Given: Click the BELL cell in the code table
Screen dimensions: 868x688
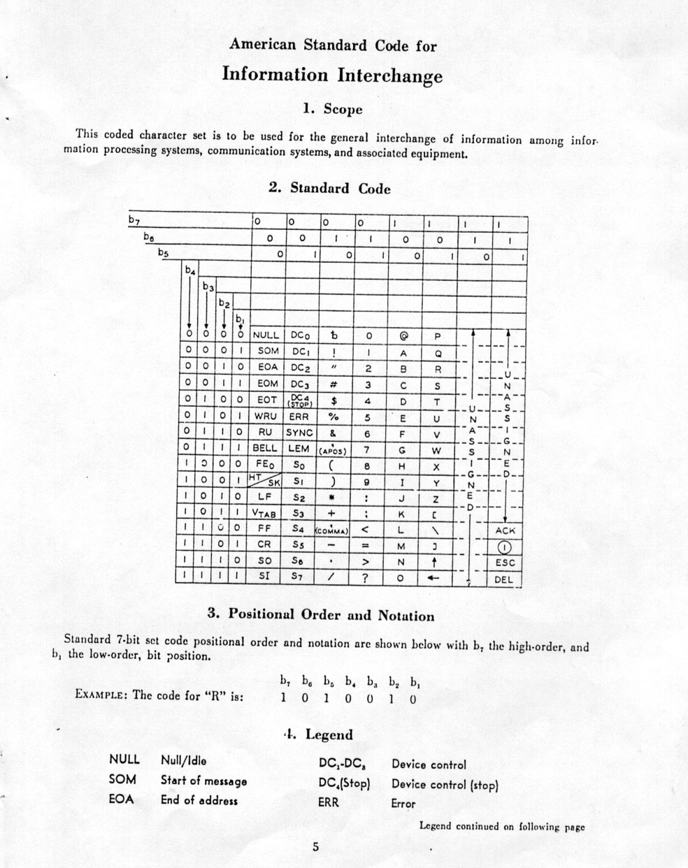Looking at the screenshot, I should click(265, 448).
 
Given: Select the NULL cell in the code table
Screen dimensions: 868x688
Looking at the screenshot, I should click(266, 335).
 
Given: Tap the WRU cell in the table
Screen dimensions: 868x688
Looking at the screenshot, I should click(266, 417).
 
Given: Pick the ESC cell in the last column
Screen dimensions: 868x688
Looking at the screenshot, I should click(505, 562).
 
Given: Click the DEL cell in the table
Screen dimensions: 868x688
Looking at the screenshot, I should click(504, 579).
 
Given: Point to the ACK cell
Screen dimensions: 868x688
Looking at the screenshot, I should click(504, 530).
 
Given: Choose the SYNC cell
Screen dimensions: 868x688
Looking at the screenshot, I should click(299, 433).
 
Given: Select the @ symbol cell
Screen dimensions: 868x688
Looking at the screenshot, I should click(403, 335).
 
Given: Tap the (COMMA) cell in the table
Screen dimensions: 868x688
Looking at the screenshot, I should click(332, 530).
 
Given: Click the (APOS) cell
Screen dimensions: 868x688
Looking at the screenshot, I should click(333, 449).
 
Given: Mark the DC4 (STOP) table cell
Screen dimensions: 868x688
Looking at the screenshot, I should click(299, 400).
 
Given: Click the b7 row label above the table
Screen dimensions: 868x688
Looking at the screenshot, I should click(134, 220).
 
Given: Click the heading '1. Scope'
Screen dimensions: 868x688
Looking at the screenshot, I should click(332, 109).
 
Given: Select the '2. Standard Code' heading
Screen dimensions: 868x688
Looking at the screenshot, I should click(329, 188).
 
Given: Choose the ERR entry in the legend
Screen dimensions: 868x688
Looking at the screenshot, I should click(328, 803).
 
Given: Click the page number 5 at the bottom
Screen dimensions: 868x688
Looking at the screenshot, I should click(315, 847).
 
